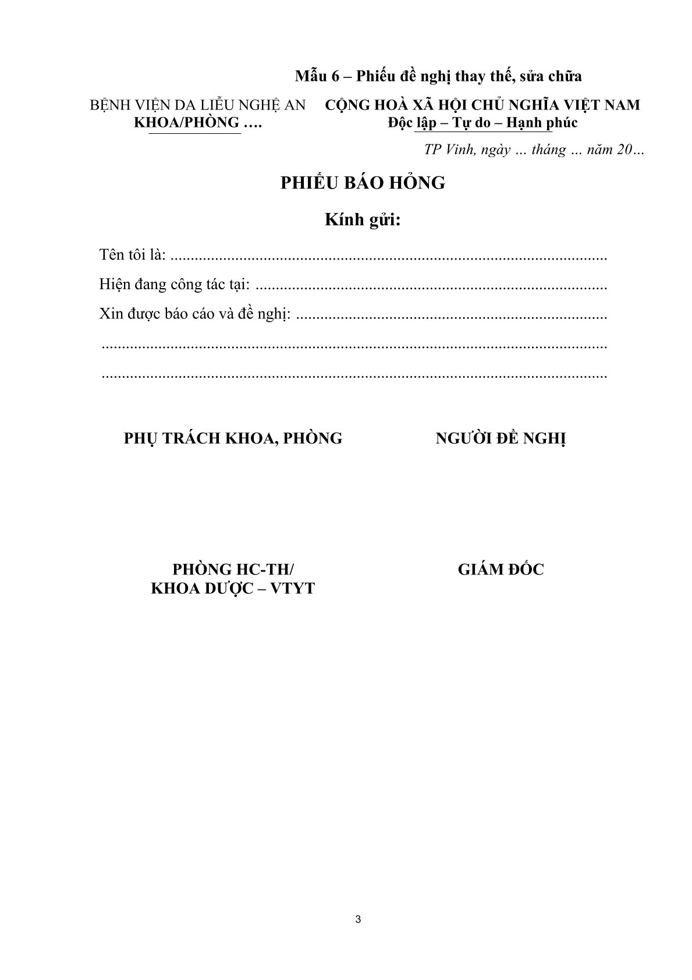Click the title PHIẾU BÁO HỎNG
[363, 183]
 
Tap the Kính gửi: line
[363, 221]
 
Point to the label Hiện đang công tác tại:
[175, 285]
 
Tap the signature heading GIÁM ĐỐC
[501, 569]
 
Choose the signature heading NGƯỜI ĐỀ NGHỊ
[501, 438]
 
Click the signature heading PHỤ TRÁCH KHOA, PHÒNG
[233, 438]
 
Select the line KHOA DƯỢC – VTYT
[233, 588]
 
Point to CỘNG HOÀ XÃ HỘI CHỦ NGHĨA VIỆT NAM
[482, 105]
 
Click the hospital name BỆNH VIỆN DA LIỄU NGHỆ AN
[197, 105]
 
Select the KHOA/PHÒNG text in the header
[187, 123]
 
